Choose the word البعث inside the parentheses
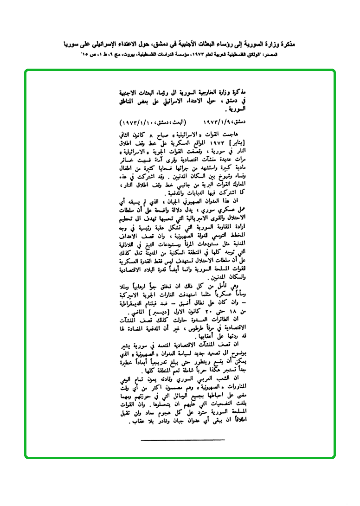coord(179,122)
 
